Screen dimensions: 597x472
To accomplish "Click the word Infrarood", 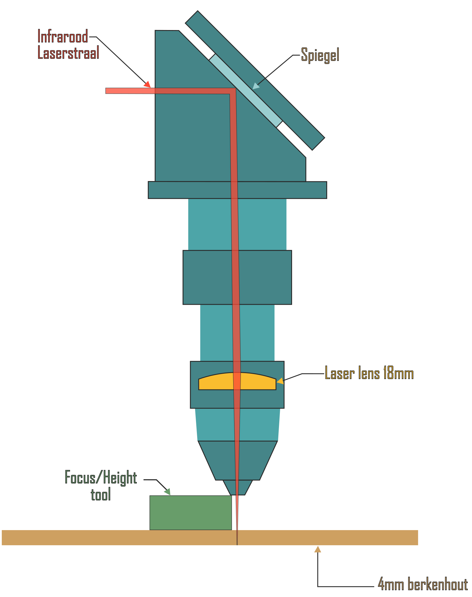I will [x=63, y=37].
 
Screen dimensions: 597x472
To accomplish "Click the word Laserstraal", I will [x=68, y=53].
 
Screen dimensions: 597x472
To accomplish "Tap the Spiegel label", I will [x=320, y=55].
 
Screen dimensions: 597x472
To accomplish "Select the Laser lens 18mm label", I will [x=369, y=373].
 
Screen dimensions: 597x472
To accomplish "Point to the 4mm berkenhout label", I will [x=422, y=584].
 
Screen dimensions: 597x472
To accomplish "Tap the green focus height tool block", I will [x=190, y=512].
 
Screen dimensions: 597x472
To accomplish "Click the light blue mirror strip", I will [x=245, y=90].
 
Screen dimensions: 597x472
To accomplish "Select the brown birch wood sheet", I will [x=119, y=537].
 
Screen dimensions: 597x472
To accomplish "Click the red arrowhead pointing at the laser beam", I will [x=147, y=84].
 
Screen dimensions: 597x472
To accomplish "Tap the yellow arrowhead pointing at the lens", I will [x=280, y=381].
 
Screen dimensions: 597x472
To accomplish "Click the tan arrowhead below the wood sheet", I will [x=318, y=549].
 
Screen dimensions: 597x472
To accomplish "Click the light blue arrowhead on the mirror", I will [x=255, y=86].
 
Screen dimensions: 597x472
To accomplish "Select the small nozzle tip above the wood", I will [x=237, y=487].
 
